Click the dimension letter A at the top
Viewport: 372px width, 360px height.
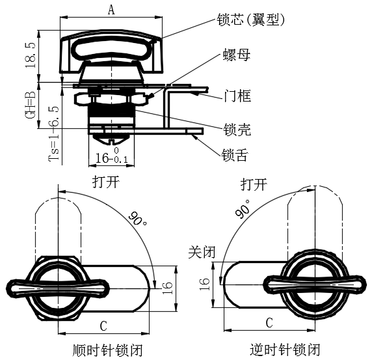tap(111, 10)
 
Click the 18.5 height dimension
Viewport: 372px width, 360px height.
tap(31, 55)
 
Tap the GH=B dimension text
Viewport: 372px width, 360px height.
tap(31, 105)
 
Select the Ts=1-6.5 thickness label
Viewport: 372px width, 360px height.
tap(53, 133)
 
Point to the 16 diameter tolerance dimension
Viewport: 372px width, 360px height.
tap(111, 156)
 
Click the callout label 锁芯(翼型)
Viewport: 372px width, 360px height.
tap(250, 20)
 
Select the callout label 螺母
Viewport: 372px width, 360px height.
tap(237, 55)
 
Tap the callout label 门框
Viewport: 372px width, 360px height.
tap(237, 96)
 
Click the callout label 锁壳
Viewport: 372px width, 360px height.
tap(237, 130)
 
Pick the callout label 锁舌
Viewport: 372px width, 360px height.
tap(235, 156)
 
